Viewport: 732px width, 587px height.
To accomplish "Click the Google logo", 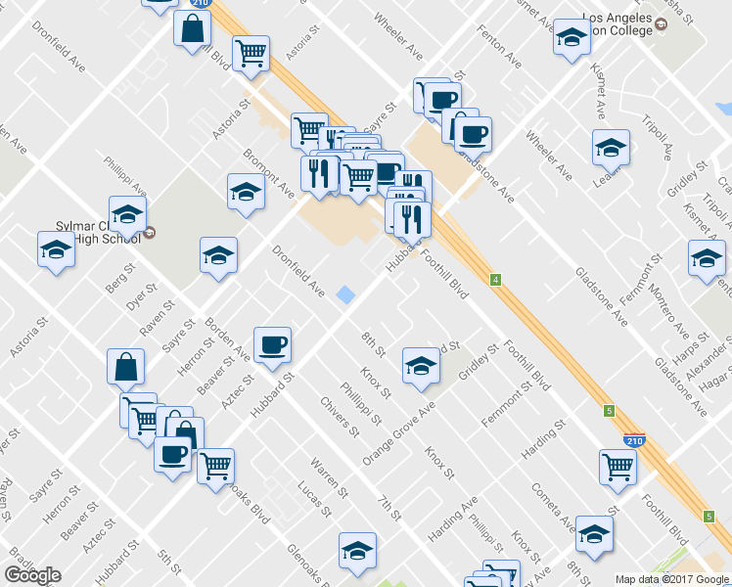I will [33, 575].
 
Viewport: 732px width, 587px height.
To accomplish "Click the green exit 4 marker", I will [496, 281].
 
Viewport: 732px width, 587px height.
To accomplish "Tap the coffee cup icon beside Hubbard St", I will [272, 343].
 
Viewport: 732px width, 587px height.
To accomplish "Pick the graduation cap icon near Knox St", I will [421, 365].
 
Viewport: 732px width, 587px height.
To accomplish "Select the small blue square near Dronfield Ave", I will [345, 293].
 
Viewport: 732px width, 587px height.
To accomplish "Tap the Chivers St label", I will [335, 416].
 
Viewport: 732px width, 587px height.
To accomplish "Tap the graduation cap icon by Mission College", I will [571, 38].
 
